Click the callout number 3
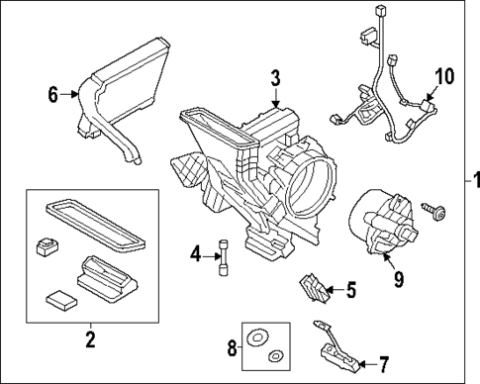[x=275, y=79]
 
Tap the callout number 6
[x=53, y=95]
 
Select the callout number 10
[x=444, y=76]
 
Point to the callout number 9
[x=399, y=279]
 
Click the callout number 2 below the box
[x=90, y=339]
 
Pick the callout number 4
[x=196, y=254]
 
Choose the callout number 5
[x=351, y=290]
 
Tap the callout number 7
[x=383, y=364]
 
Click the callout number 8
[x=233, y=347]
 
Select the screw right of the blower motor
[x=433, y=211]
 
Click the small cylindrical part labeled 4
[x=224, y=257]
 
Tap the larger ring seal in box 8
[x=257, y=337]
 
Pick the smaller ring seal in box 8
[x=275, y=355]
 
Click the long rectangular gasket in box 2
[x=95, y=224]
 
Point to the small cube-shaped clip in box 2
[x=47, y=246]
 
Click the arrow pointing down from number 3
[x=275, y=98]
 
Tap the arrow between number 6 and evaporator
[x=69, y=95]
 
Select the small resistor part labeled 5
[x=315, y=289]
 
